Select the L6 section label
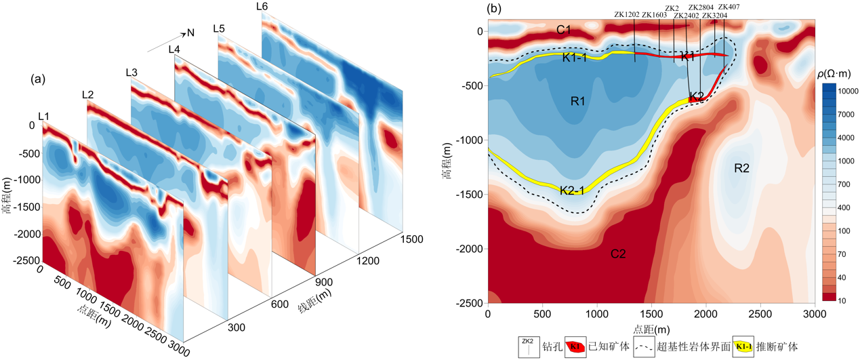point(262,6)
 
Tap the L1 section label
point(43,117)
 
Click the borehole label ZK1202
point(627,15)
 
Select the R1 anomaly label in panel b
point(578,102)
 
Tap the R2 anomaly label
point(741,168)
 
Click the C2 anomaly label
point(617,254)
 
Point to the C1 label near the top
point(564,29)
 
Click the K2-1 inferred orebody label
point(573,191)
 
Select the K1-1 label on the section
point(575,58)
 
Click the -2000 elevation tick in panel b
point(470,249)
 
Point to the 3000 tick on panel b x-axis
point(814,315)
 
